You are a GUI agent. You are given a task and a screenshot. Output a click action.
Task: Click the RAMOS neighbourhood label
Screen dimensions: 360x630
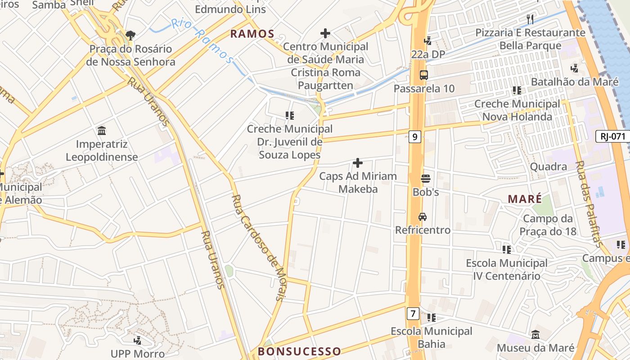tap(252, 34)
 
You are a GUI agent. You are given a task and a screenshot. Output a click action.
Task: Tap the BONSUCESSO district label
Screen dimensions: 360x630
tap(299, 351)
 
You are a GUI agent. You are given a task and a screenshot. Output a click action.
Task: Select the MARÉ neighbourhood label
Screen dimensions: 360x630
tap(525, 199)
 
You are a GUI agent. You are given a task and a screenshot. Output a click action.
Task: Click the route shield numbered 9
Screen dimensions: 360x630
tap(415, 136)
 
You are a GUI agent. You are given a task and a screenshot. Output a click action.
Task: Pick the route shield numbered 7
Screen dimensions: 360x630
tap(413, 313)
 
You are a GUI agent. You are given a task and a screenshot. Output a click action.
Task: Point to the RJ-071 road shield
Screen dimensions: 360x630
tap(612, 136)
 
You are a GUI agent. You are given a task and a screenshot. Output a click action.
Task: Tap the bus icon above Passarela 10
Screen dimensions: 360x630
tap(423, 75)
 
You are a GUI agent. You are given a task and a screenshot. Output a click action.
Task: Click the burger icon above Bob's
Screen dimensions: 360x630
tap(425, 179)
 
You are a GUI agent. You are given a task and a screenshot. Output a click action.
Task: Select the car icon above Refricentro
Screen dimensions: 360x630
tap(423, 217)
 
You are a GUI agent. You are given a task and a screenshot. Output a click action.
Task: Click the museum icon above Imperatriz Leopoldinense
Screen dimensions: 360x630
tap(102, 131)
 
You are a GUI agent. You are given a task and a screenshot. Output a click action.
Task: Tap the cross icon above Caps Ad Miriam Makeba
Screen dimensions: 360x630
tap(358, 162)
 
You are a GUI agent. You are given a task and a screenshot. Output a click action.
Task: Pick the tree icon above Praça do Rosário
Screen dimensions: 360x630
tap(130, 35)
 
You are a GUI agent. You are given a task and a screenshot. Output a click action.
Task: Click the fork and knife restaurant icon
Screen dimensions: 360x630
tap(530, 19)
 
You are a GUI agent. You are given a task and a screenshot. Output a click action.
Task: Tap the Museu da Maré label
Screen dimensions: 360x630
tap(535, 348)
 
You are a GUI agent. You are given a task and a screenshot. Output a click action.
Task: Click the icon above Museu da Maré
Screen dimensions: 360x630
tap(535, 335)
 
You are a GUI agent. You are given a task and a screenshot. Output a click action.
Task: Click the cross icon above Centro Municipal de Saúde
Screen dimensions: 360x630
tap(325, 33)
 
